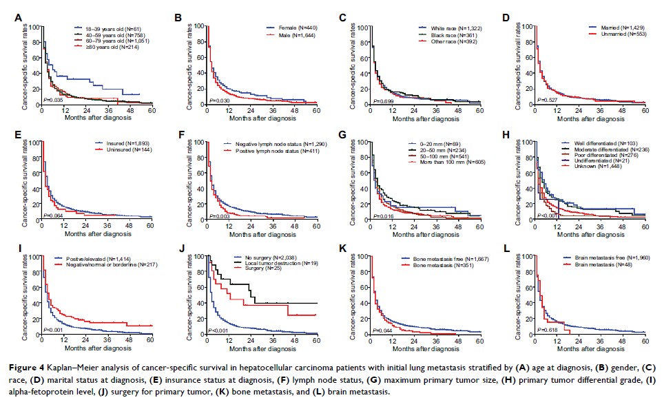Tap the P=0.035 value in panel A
pyautogui.click(x=54, y=100)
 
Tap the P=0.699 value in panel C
pyautogui.click(x=381, y=100)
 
